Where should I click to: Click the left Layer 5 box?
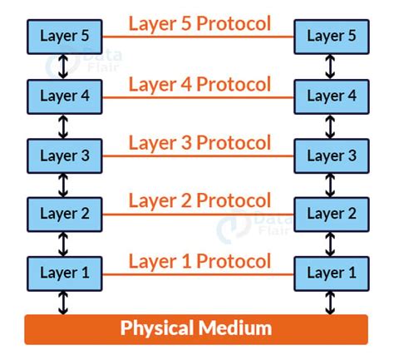coord(65,37)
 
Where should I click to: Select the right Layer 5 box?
coord(332,37)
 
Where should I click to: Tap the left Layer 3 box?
coord(65,156)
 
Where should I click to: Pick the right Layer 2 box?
coord(332,215)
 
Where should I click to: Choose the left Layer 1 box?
coord(65,274)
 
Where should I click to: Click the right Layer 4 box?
coord(332,96)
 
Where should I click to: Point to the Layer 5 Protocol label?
coord(199,23)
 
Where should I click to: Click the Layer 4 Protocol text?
coord(199,84)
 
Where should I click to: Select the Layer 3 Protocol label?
coord(199,143)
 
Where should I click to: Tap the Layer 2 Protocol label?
coord(199,200)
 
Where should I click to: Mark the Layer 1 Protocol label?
coord(199,261)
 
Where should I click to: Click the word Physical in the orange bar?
coord(157,328)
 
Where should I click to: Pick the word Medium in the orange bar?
coord(235,328)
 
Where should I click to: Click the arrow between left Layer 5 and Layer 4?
coord(63,67)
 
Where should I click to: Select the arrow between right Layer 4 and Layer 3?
coord(330,126)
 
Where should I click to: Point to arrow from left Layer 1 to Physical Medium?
coord(63,303)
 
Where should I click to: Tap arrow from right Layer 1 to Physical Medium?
coord(330,303)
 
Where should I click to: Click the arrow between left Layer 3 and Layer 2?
coord(63,185)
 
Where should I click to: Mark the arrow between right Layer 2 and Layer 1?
coord(330,244)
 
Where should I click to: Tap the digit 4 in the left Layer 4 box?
coord(85,96)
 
